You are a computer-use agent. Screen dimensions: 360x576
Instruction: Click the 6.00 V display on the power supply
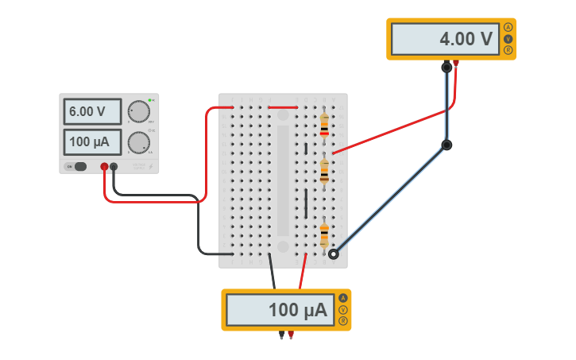pos(92,112)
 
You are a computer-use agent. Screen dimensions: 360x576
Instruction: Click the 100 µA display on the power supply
pos(92,143)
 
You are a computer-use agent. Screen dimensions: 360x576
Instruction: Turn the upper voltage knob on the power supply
pos(139,111)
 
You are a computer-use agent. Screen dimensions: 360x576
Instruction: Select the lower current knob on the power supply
pos(139,142)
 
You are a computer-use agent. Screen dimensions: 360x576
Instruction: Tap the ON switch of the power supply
pos(78,167)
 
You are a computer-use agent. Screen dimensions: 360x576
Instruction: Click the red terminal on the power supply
pos(104,167)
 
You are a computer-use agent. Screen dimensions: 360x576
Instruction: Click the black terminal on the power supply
pos(114,167)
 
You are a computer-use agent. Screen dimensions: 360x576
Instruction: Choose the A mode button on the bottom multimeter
pos(343,298)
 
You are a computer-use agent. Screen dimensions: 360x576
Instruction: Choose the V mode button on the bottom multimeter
pos(343,310)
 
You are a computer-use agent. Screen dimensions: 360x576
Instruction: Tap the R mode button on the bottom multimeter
pos(343,321)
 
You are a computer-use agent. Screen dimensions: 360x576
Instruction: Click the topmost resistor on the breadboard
pos(324,125)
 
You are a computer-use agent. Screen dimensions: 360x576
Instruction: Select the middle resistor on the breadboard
pos(324,171)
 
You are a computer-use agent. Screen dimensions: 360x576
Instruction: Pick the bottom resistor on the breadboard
pos(324,235)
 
